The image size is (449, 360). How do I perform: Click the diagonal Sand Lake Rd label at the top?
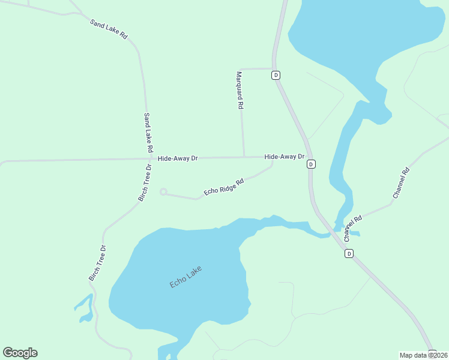[x=109, y=29]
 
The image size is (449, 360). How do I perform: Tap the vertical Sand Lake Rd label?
[x=148, y=132]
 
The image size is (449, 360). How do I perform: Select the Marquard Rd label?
[x=239, y=90]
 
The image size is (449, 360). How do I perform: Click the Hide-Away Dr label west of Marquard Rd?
[x=178, y=158]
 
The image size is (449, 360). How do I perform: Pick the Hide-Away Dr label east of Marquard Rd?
[x=285, y=157]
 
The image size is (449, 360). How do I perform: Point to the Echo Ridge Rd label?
[x=223, y=187]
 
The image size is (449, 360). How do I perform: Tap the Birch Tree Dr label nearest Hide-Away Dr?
[x=145, y=182]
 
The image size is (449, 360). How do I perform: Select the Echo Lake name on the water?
[x=185, y=277]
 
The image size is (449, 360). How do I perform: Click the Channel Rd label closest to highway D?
[x=353, y=228]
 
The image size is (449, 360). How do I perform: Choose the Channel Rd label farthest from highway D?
[x=401, y=183]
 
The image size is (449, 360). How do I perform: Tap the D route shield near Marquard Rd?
[x=276, y=75]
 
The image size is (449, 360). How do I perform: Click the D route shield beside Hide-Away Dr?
[x=310, y=164]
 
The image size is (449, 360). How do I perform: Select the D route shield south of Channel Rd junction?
[x=349, y=254]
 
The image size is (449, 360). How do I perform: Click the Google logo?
[x=20, y=353]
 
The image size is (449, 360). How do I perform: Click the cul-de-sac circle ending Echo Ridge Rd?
[x=163, y=192]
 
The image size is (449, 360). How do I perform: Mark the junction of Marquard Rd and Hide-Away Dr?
[x=244, y=157]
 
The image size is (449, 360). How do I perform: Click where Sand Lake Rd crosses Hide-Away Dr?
[x=148, y=159]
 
